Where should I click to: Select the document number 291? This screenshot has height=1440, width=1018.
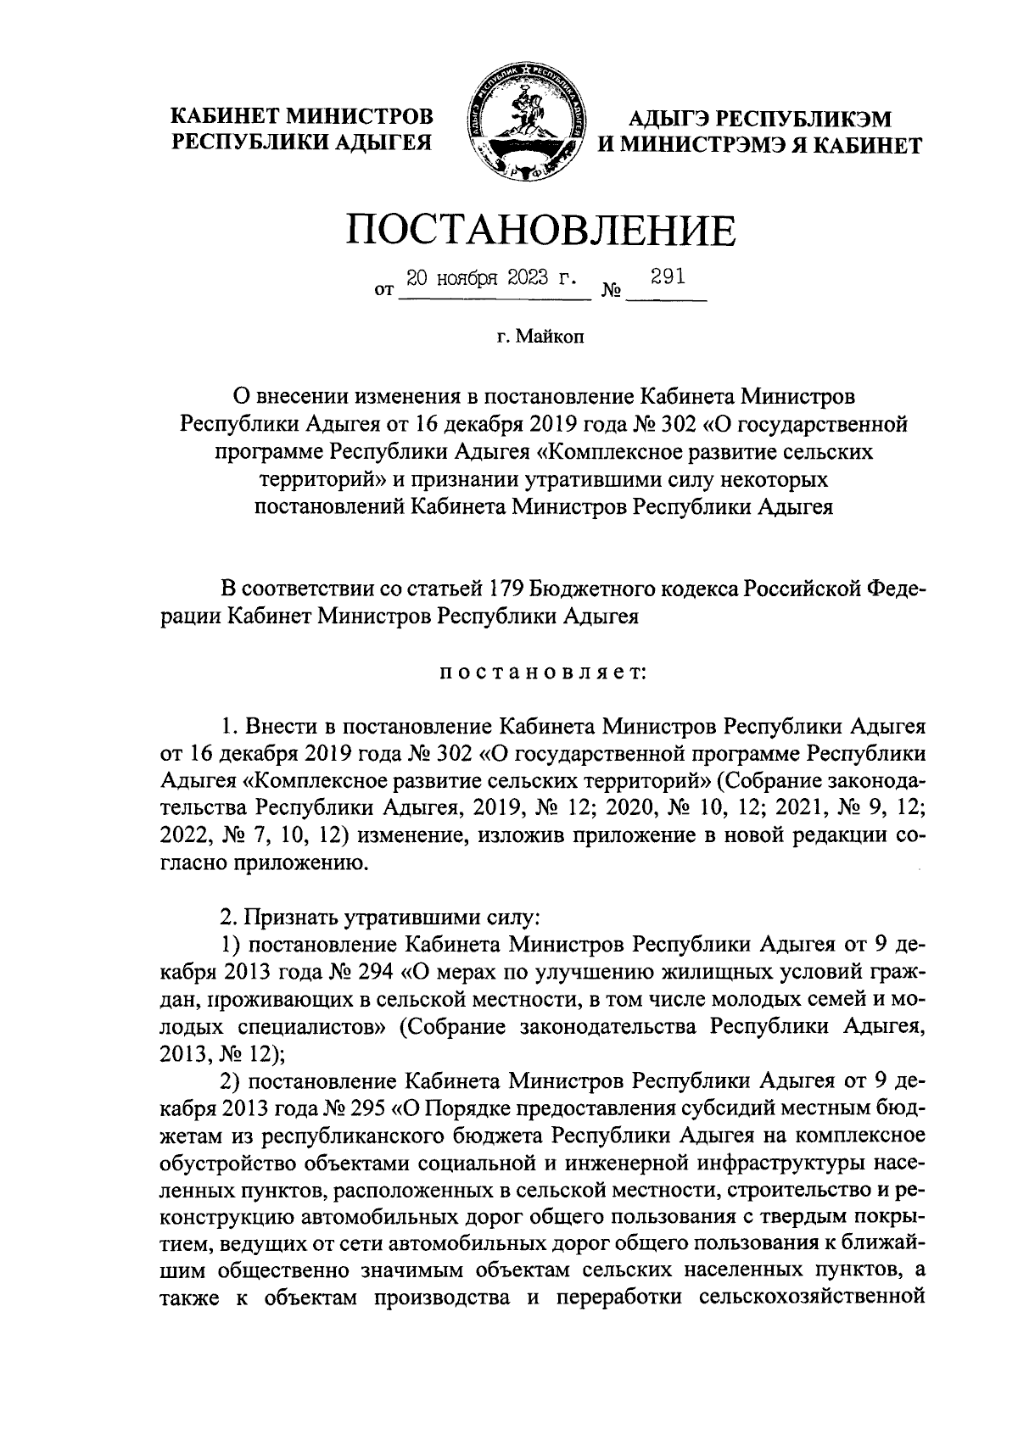pos(666,277)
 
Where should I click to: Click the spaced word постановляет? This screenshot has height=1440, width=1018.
pos(542,673)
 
